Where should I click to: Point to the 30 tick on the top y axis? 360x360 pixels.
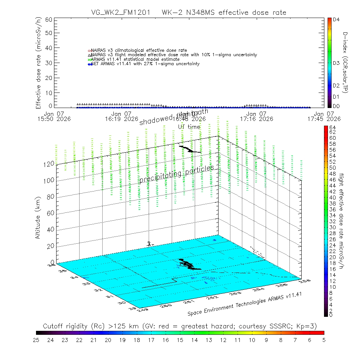[x=49, y=63]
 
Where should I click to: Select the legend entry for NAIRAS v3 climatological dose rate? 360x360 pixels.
[x=139, y=50]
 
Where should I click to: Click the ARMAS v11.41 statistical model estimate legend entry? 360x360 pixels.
[x=135, y=59]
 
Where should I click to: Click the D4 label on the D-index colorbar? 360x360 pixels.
[x=337, y=20]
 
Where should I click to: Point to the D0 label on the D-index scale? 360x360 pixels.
[x=337, y=106]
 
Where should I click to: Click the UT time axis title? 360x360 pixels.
[x=189, y=127]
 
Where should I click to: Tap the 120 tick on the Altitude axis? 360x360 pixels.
[x=49, y=163]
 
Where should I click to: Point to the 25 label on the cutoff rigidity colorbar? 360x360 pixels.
[x=36, y=340]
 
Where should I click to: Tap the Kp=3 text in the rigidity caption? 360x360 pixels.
[x=308, y=326]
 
